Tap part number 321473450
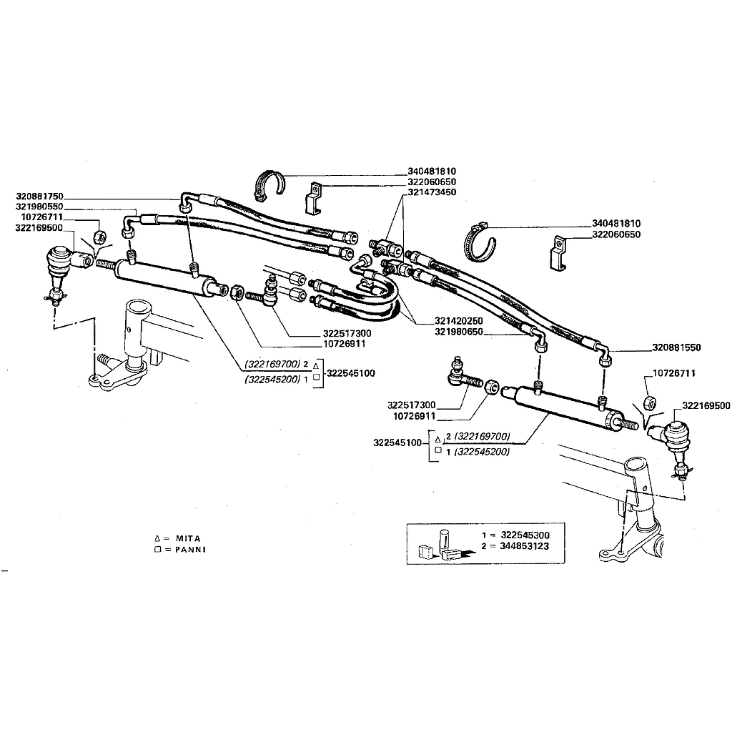click(x=432, y=192)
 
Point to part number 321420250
click(x=459, y=321)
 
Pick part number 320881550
click(x=676, y=347)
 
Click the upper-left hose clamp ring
click(x=269, y=187)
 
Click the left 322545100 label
click(x=351, y=373)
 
